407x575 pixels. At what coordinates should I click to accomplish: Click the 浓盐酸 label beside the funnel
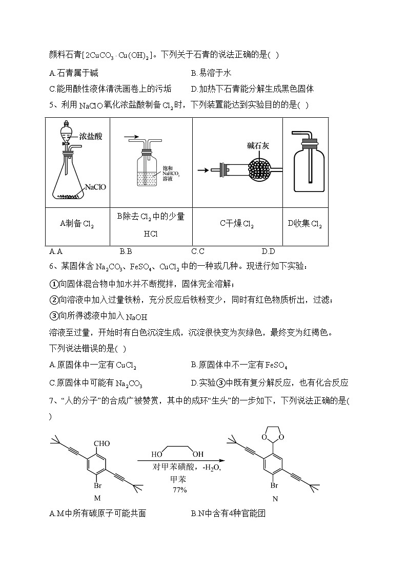[x=91, y=136]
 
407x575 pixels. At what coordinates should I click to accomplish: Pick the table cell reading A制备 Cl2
[x=77, y=223]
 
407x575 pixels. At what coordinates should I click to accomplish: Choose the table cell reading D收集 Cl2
[x=304, y=223]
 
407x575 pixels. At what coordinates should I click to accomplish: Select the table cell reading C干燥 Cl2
[x=237, y=223]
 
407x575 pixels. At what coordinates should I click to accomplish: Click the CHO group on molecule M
[x=102, y=443]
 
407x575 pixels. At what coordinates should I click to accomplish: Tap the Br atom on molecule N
[x=274, y=484]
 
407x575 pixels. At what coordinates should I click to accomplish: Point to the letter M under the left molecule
[x=97, y=498]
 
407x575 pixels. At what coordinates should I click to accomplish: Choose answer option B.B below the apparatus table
[x=126, y=251]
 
